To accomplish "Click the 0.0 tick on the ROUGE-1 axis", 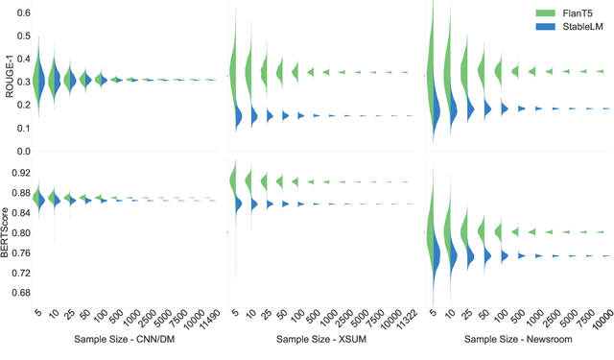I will (x=21, y=151).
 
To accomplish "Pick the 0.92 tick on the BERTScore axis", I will (x=19, y=173).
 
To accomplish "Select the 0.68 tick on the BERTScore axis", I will (x=19, y=292).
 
